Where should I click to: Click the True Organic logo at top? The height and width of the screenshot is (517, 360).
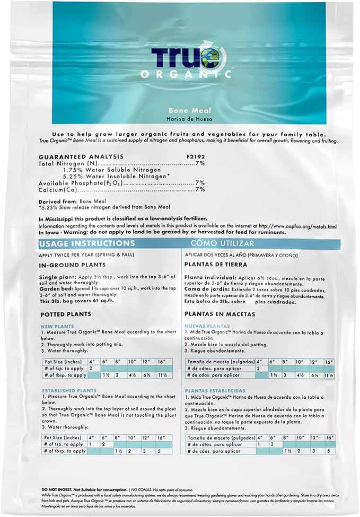click(x=191, y=63)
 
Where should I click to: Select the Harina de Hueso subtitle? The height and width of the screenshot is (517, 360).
click(x=183, y=118)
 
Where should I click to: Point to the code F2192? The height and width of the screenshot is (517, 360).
click(x=195, y=156)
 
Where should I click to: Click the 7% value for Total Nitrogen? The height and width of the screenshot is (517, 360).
click(x=200, y=163)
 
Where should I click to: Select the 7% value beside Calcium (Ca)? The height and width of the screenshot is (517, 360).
click(x=200, y=189)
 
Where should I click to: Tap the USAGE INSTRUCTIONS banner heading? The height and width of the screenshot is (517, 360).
click(x=87, y=243)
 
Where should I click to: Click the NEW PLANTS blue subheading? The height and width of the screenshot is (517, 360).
click(x=57, y=326)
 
